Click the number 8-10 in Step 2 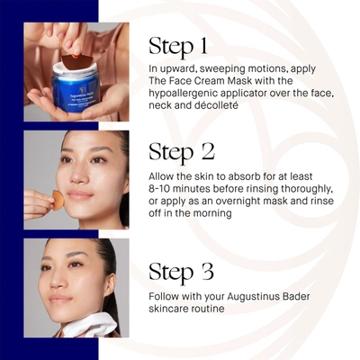pyautogui.click(x=166, y=189)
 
